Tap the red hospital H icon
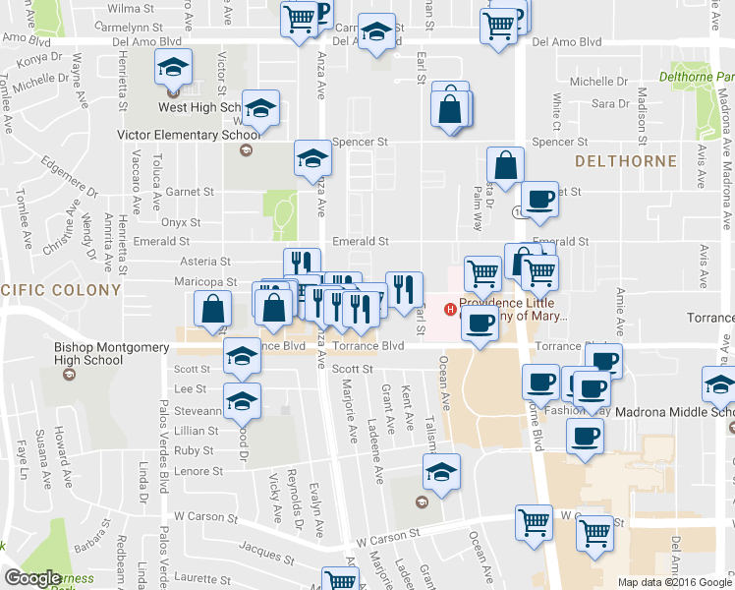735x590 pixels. (x=451, y=310)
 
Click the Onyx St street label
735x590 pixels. (x=182, y=223)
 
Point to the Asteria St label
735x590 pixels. (x=205, y=262)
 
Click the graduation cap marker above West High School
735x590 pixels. (x=174, y=68)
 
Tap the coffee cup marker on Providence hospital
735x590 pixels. (x=480, y=324)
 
